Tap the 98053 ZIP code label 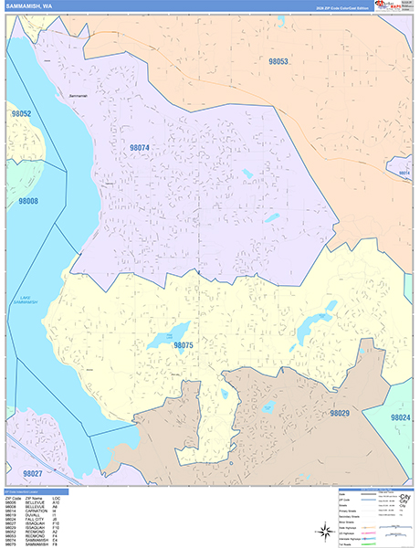(279, 61)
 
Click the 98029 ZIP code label (339, 414)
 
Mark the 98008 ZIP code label (28, 200)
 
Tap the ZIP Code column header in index (11, 498)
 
